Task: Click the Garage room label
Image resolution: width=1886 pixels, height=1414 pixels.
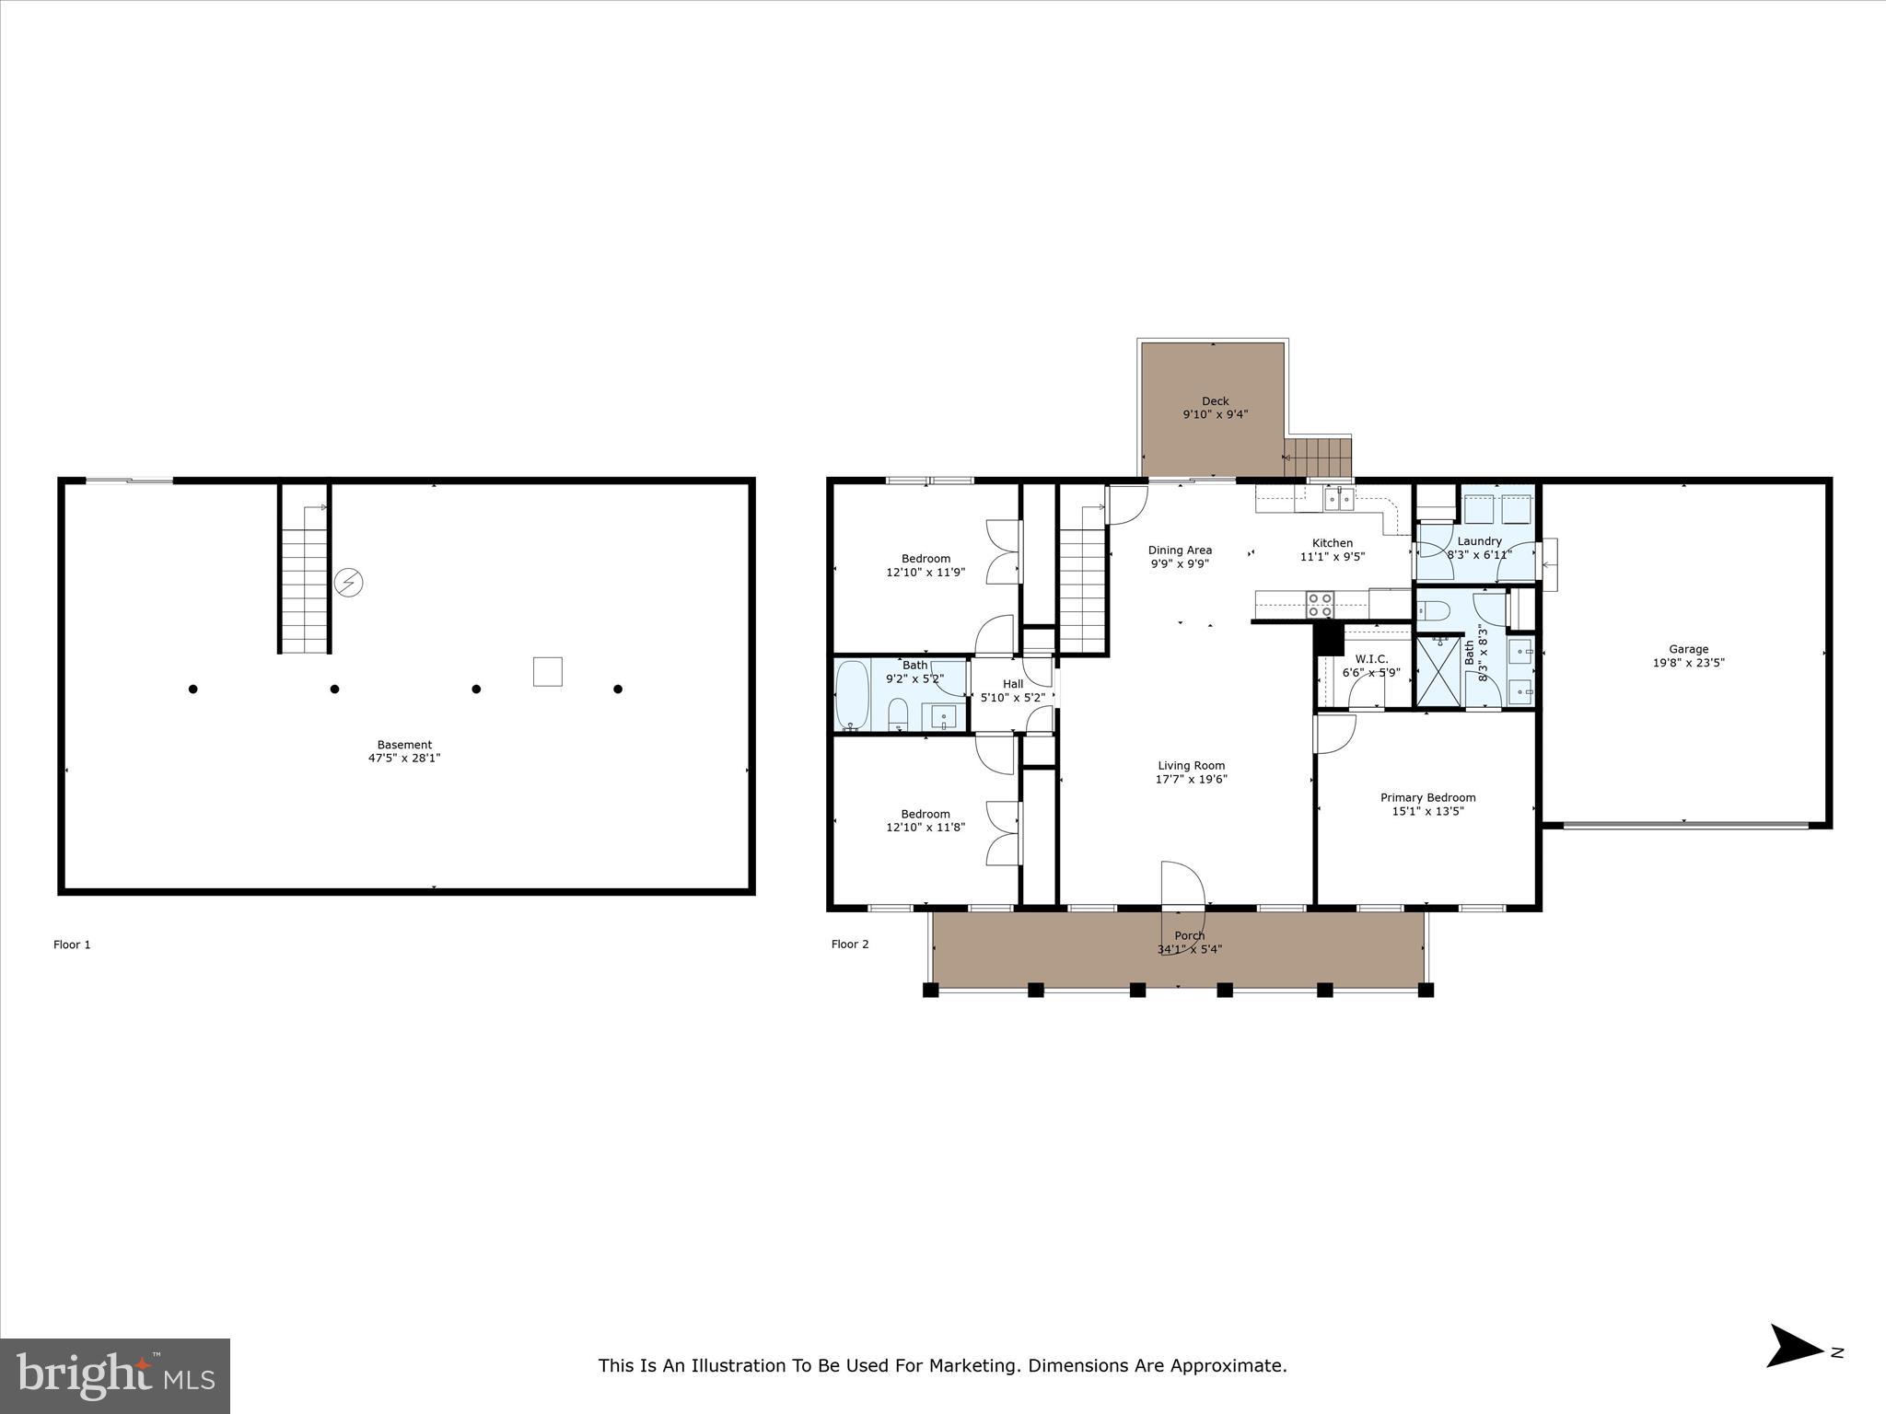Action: tap(1688, 649)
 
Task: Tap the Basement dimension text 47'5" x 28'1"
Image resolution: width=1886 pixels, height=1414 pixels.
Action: tap(404, 759)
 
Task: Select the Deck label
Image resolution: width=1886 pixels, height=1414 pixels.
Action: tap(1215, 401)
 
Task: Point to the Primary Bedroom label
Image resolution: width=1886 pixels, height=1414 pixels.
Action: tap(1427, 798)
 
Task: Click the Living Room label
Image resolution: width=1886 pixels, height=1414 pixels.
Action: tap(1191, 766)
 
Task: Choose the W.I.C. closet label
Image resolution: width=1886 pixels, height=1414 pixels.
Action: tap(1371, 659)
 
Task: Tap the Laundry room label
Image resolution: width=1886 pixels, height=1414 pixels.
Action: tap(1479, 541)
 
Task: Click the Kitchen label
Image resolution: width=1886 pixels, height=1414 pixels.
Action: tap(1332, 543)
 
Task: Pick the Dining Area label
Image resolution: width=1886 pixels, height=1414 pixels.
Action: tap(1180, 551)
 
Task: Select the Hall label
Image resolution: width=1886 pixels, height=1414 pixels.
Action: tap(1013, 684)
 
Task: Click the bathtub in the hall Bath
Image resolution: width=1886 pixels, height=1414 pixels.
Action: tap(852, 695)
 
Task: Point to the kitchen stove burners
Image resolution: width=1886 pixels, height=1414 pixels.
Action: tap(1320, 604)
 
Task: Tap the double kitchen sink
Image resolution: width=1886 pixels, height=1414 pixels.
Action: tap(1339, 500)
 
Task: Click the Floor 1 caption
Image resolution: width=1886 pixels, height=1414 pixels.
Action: tap(72, 945)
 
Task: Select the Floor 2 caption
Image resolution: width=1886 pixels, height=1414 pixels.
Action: tap(850, 945)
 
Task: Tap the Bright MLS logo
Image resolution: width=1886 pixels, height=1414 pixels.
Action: tap(115, 1376)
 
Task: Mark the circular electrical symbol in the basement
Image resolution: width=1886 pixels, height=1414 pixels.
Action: tap(349, 583)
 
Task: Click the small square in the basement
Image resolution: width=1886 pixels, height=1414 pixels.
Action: tap(548, 671)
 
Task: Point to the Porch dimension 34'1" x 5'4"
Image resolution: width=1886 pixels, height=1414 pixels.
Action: tap(1190, 949)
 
